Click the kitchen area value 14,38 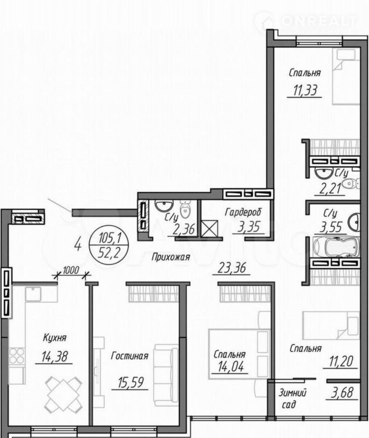55,357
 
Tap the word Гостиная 130,356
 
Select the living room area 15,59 131,383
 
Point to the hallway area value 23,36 232,268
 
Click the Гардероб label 243,212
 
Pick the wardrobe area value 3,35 249,227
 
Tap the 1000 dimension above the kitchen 71,271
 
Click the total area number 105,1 110,239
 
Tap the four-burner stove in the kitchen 17,356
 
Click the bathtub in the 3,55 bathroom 335,247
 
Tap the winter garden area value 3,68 342,393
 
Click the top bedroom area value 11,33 305,91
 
